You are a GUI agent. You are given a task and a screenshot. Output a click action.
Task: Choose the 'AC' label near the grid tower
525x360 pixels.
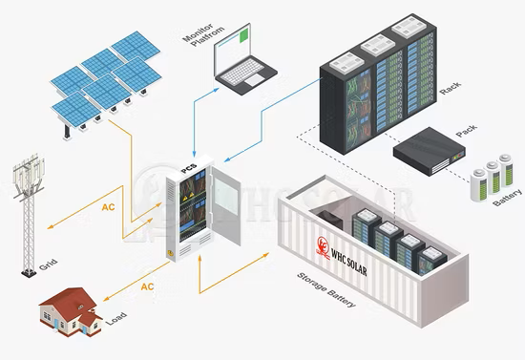tap(109, 205)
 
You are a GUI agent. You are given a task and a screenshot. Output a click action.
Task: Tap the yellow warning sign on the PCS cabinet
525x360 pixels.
tap(172, 255)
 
